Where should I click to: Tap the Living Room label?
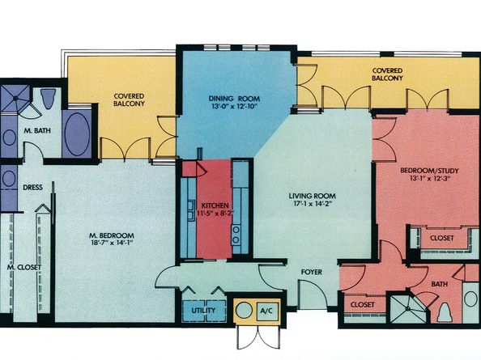(313, 197)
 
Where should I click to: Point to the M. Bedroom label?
(111, 235)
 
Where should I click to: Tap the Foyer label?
(313, 272)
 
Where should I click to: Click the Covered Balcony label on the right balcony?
(389, 75)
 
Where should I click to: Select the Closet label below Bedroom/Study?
(441, 238)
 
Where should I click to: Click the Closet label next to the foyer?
(361, 305)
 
